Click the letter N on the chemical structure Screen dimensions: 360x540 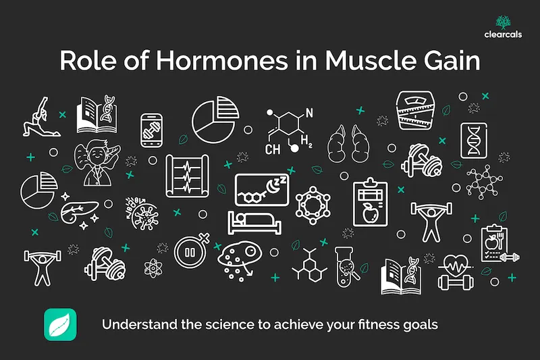[310, 111]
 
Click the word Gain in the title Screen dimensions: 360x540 [450, 61]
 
